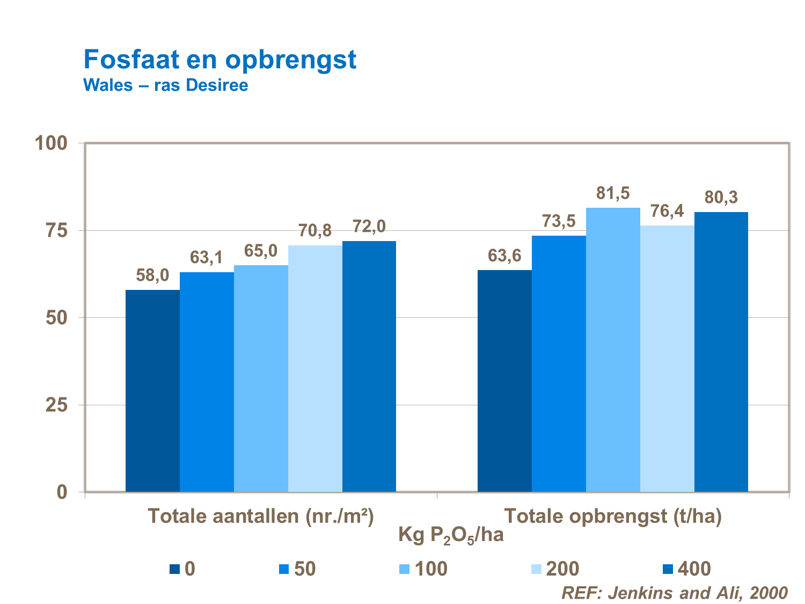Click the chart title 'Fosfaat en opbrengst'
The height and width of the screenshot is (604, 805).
pos(219,59)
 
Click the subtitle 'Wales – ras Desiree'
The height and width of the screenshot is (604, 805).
pos(165,85)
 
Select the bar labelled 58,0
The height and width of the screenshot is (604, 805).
pos(152,390)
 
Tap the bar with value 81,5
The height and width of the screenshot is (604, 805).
pos(613,349)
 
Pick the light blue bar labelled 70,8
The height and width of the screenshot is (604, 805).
pos(315,368)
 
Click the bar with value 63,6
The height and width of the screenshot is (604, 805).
pos(504,381)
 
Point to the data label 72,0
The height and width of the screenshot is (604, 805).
pos(369,227)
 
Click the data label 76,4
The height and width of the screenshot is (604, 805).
pos(667,211)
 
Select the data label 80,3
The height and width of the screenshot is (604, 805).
pos(721,198)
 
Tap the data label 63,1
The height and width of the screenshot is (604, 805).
pos(207,258)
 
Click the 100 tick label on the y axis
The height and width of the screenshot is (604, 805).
pos(51,143)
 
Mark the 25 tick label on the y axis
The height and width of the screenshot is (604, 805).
pos(56,405)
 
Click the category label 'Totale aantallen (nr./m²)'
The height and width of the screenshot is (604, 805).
pos(260,516)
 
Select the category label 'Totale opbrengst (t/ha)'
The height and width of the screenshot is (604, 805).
pos(613,516)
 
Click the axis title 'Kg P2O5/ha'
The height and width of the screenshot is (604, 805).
pos(451,535)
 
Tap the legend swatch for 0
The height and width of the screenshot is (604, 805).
pos(175,569)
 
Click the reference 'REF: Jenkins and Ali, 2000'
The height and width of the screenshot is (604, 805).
pos(674,593)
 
